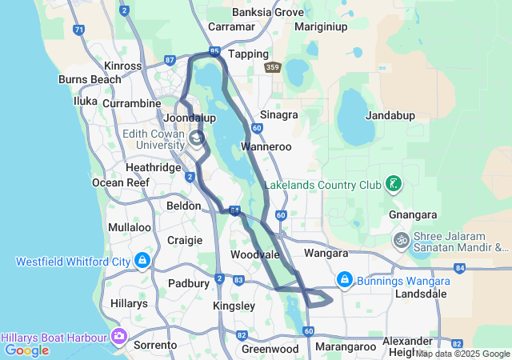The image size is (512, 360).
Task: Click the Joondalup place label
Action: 190,118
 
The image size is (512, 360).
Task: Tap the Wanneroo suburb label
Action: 267,147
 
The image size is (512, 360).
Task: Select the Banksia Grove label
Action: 268,12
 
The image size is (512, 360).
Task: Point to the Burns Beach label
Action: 90,79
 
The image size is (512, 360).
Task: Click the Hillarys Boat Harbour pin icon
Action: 119,334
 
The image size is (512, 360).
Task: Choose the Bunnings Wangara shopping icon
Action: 344,280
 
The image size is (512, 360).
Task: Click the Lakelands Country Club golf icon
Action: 393,185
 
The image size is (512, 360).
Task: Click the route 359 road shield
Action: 274,68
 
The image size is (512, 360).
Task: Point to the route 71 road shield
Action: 78,30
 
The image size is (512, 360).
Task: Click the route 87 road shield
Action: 170,59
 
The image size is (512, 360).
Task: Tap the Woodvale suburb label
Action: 254,254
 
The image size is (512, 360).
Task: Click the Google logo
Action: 26,350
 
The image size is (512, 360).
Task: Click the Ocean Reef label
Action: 121,182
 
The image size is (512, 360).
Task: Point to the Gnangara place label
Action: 412,214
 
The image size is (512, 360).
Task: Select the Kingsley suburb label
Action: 234,306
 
